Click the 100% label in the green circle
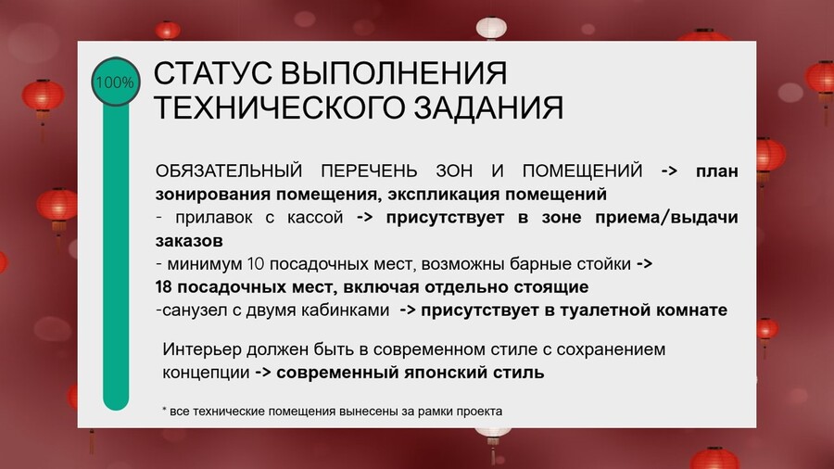(115, 82)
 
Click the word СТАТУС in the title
(213, 73)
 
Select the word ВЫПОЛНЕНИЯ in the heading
(394, 73)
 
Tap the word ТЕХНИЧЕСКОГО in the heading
(280, 107)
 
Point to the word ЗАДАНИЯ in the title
(488, 107)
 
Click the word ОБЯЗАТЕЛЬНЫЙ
(229, 171)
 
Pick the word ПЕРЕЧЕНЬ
(369, 171)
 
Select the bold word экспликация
(444, 194)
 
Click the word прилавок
(214, 218)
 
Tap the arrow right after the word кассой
(364, 218)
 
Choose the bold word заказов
(189, 241)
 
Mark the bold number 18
(164, 287)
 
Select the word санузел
(195, 311)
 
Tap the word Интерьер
(199, 349)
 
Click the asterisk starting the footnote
(164, 410)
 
